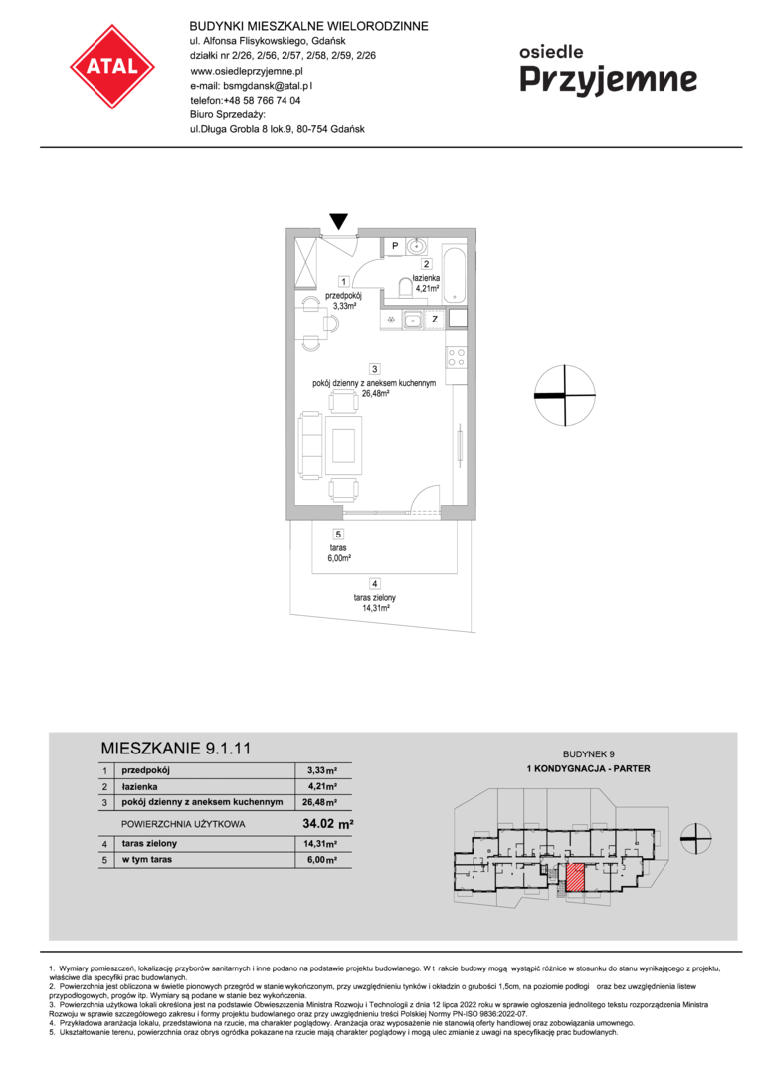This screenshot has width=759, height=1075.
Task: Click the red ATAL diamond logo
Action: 112,67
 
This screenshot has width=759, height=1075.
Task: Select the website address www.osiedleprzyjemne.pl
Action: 247,70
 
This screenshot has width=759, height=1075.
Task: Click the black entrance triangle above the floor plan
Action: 339,221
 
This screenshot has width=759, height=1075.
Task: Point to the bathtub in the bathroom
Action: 455,274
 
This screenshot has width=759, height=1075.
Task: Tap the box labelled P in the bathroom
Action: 395,246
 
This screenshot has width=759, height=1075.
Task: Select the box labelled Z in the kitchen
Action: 435,320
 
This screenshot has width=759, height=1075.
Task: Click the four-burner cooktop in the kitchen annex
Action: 457,358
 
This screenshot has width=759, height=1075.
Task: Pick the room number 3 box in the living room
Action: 375,369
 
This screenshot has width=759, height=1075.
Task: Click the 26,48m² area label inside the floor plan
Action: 376,394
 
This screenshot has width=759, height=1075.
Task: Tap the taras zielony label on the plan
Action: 375,598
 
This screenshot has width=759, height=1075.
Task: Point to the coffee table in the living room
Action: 344,446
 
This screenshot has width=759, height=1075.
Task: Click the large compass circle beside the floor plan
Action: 564,395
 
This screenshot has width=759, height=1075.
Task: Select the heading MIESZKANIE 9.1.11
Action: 176,748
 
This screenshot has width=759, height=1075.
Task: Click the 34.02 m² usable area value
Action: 328,824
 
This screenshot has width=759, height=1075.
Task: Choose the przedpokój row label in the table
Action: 146,770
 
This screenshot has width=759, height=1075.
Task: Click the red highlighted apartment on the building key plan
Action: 574,878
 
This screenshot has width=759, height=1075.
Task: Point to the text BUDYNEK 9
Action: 589,754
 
